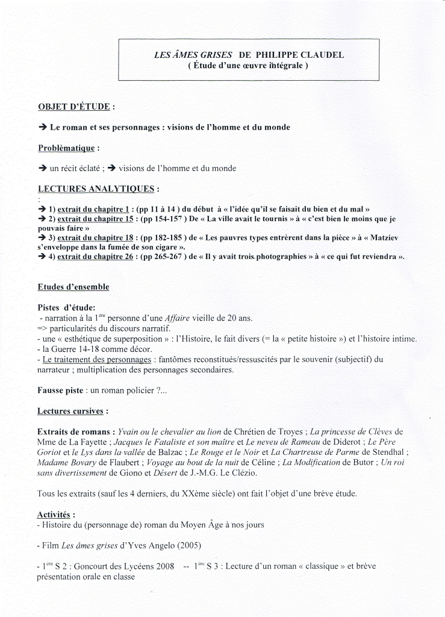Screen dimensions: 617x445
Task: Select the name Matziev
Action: tap(381, 238)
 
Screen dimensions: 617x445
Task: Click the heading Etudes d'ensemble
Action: tap(73, 287)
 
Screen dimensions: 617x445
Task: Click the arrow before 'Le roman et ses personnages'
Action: tap(42, 128)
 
